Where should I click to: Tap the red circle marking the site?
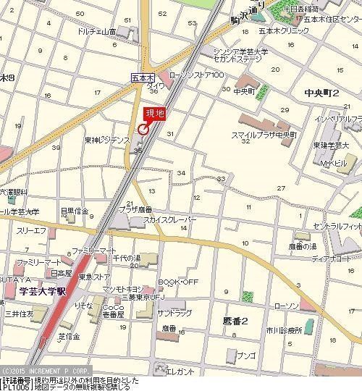[143, 130]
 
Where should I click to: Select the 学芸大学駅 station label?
[42, 291]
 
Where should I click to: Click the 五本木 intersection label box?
[142, 76]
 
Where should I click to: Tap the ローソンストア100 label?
[196, 75]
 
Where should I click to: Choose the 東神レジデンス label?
[106, 140]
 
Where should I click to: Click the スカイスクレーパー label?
[169, 219]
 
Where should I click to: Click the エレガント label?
[180, 371]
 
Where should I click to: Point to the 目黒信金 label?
[74, 211]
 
